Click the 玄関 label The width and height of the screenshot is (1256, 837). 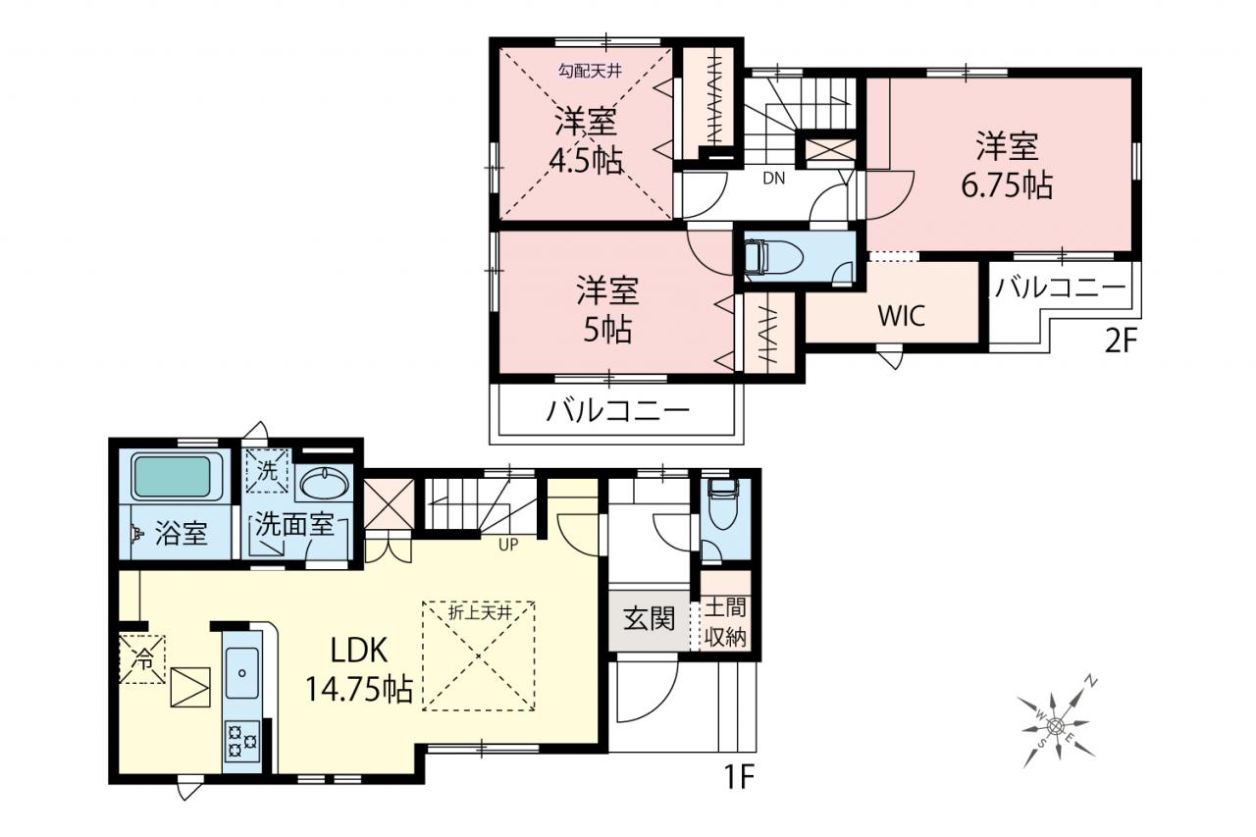pyautogui.click(x=649, y=619)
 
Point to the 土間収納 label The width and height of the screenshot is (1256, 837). pyautogui.click(x=725, y=622)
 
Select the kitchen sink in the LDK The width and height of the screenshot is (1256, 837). pyautogui.click(x=242, y=672)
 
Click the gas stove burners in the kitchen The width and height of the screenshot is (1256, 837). pyautogui.click(x=242, y=741)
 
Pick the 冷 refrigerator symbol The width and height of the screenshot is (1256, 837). pyautogui.click(x=142, y=659)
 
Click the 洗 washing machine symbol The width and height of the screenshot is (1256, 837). pyautogui.click(x=268, y=471)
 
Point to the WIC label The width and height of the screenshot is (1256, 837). pyautogui.click(x=901, y=316)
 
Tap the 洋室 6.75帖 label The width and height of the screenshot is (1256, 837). pyautogui.click(x=1007, y=166)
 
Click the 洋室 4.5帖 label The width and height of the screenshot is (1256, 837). pyautogui.click(x=587, y=140)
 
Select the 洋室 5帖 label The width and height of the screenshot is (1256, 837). pyautogui.click(x=607, y=309)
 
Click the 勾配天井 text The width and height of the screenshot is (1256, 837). pyautogui.click(x=590, y=72)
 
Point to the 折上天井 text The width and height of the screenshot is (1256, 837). pyautogui.click(x=480, y=613)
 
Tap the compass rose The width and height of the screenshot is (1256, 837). pyautogui.click(x=1055, y=726)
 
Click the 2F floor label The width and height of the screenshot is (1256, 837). pyautogui.click(x=1121, y=341)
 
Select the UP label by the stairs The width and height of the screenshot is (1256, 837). pyautogui.click(x=508, y=544)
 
